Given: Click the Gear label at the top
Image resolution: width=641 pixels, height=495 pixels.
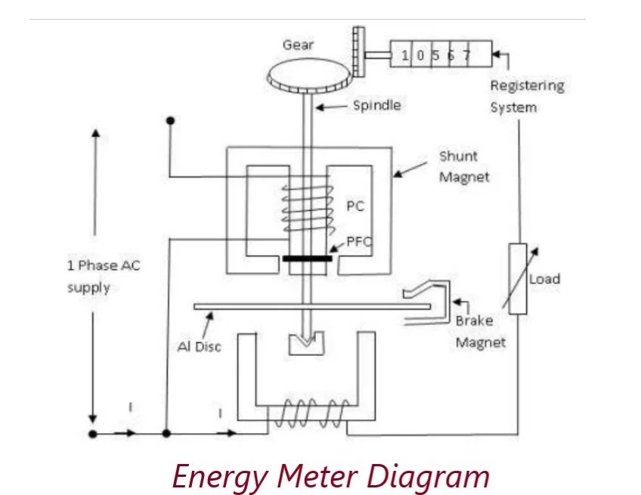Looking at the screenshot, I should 298,45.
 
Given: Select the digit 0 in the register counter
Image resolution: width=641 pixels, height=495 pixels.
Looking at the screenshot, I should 420,55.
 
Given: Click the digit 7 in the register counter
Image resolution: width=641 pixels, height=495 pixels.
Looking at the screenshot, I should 467,55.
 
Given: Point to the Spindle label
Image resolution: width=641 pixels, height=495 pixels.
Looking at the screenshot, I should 376,106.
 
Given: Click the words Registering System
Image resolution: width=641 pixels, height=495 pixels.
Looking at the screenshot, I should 526,96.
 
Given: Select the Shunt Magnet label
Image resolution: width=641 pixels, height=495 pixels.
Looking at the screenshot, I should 463,166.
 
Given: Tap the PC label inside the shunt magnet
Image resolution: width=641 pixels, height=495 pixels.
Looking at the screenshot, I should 355,206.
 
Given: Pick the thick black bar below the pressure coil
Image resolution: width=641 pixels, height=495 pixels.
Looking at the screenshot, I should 307,258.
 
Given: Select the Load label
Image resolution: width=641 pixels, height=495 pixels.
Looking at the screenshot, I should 544,279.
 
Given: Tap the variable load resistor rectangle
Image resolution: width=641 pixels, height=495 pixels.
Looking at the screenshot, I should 517,279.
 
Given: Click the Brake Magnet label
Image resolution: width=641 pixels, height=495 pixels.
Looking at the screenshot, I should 479,331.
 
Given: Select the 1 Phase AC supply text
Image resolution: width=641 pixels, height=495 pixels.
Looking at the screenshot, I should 103,276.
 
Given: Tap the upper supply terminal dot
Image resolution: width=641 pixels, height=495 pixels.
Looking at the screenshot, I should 170,120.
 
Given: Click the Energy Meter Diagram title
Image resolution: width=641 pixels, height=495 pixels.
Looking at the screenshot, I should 330,476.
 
